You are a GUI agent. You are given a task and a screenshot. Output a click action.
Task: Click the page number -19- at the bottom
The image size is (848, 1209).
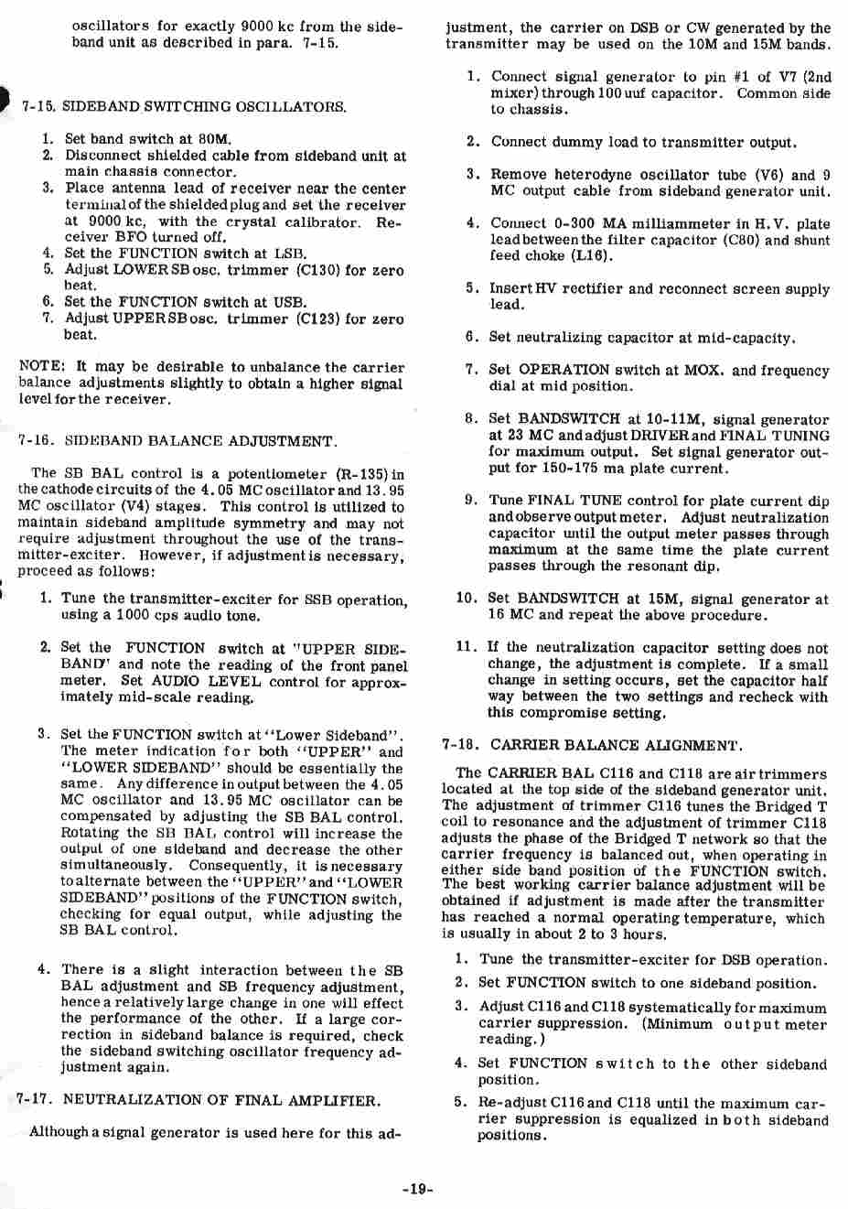coord(416,1189)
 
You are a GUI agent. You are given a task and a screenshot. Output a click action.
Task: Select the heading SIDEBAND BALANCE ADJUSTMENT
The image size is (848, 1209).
coord(199,441)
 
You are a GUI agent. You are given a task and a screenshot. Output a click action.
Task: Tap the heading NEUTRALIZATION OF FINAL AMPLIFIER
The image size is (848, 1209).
coord(221,1099)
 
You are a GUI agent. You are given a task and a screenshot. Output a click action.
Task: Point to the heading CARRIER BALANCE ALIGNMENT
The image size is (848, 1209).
coord(616,745)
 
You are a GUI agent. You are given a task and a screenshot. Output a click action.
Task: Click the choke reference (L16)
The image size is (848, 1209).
coord(593,256)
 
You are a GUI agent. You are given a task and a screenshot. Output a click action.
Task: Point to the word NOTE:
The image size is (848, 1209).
coord(41,367)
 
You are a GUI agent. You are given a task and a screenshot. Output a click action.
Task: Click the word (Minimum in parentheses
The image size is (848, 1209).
coord(679,1024)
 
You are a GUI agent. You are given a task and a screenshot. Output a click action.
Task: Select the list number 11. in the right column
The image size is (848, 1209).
coord(467,647)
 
